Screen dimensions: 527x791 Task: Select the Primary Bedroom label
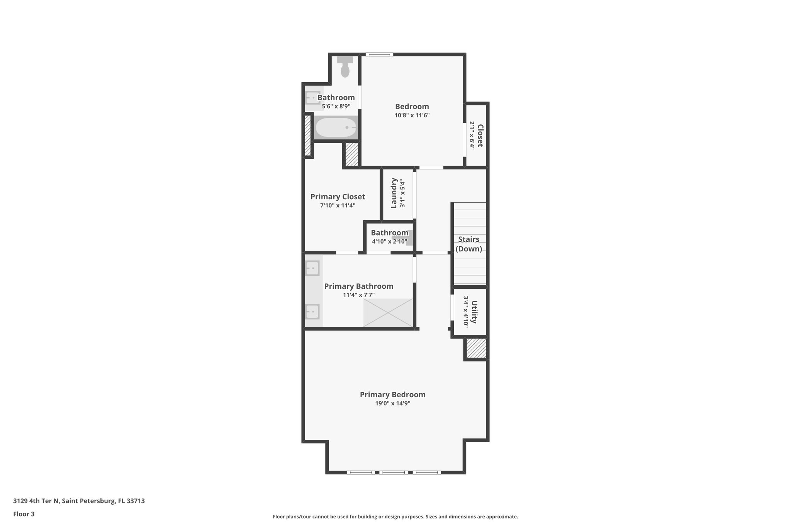(x=392, y=395)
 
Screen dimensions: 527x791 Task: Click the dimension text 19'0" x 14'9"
(x=392, y=403)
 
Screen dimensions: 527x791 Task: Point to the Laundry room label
(x=394, y=193)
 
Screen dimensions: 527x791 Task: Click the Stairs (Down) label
(x=468, y=244)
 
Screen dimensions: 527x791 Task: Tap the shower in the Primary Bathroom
(x=388, y=312)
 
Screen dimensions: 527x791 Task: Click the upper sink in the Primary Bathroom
(x=312, y=268)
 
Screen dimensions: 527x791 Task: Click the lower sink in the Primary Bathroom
(x=312, y=311)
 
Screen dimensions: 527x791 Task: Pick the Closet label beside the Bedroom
(x=480, y=136)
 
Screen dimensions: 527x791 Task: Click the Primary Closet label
(x=338, y=197)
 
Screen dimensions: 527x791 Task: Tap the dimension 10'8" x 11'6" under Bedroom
(x=412, y=115)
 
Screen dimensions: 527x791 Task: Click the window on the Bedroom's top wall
(x=379, y=54)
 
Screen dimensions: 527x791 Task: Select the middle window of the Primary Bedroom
(x=393, y=472)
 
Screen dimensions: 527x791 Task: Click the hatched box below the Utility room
(x=476, y=348)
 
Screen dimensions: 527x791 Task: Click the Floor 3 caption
(x=24, y=514)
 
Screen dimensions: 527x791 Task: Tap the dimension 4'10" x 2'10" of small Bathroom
(x=389, y=242)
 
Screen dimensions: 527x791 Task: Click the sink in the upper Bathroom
(x=312, y=98)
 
